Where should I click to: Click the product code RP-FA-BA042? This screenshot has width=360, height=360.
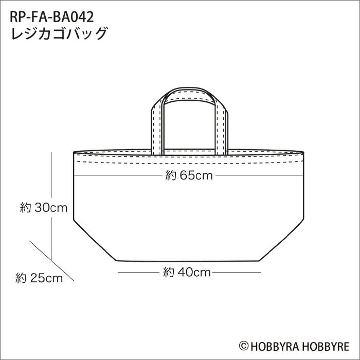(x=51, y=17)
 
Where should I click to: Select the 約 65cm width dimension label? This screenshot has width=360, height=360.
(x=189, y=176)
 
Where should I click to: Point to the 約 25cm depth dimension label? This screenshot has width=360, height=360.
(x=39, y=279)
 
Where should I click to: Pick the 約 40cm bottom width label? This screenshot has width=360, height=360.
(x=187, y=273)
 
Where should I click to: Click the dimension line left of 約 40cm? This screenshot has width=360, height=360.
(x=139, y=273)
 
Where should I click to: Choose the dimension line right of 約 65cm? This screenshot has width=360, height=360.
(x=257, y=176)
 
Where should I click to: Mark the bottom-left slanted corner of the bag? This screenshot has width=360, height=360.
(x=93, y=242)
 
